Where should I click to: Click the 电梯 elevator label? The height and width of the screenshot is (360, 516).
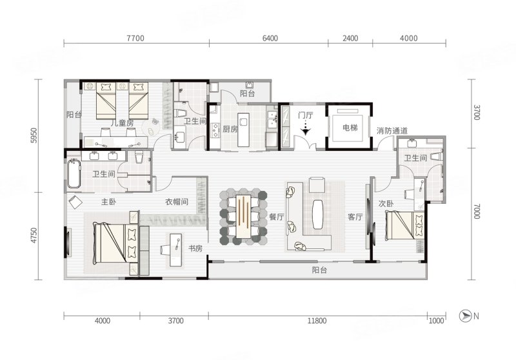[x=350, y=127]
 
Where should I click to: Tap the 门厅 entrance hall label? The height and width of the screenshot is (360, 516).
[x=305, y=115]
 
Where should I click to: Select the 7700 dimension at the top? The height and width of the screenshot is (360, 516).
[x=135, y=38]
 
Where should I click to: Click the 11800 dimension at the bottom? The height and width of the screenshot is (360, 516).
[x=317, y=321]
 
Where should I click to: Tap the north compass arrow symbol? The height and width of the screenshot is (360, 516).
[x=464, y=316]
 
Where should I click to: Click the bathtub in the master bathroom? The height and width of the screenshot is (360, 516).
[x=74, y=174]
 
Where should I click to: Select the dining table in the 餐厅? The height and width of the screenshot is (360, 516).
[x=244, y=216]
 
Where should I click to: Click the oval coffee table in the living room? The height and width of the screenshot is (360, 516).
[x=317, y=214]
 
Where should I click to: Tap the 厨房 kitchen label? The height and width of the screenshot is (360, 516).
[x=230, y=129]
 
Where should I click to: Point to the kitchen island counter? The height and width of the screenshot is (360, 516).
[x=243, y=130]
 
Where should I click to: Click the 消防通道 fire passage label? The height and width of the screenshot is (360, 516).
[x=392, y=130]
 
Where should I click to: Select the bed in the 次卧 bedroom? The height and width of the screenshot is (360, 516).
[x=405, y=226]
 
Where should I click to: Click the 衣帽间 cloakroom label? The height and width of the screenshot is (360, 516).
[x=177, y=202]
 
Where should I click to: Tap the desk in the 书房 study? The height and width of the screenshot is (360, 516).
[x=175, y=250]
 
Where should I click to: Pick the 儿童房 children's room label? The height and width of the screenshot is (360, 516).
[x=122, y=123]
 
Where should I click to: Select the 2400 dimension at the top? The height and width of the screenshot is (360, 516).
[x=350, y=38]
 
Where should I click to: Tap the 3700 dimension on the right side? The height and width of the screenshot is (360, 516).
[x=477, y=112]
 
